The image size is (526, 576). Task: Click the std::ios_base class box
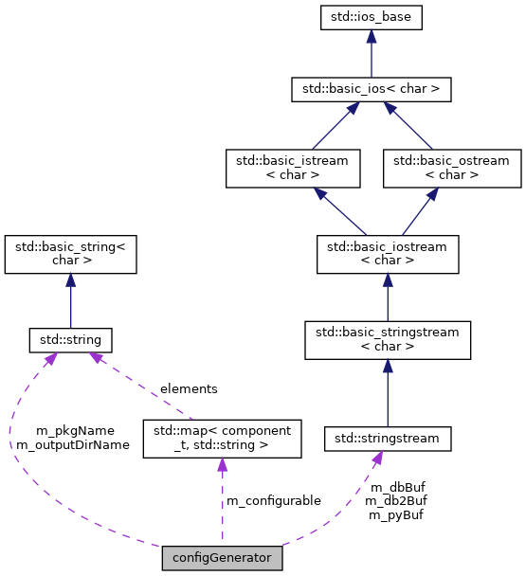(x=371, y=16)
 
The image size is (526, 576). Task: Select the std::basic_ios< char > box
(x=371, y=90)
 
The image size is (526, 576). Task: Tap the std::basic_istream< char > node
(x=286, y=168)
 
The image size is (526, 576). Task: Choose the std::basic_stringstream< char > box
(x=388, y=340)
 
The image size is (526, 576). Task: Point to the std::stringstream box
(x=388, y=439)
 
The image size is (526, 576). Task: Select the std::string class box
(x=71, y=339)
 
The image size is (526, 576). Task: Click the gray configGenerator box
(x=222, y=558)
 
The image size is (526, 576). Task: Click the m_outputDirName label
(x=73, y=443)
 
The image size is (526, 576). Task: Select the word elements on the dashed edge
(x=188, y=388)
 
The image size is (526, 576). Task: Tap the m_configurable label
(x=273, y=500)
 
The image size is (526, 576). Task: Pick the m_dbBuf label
(x=397, y=486)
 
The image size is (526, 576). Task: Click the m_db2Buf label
(x=395, y=500)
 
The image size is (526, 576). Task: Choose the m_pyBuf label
(x=395, y=514)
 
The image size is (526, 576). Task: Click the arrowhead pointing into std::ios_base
(x=371, y=36)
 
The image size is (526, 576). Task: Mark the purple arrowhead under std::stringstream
(x=377, y=459)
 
